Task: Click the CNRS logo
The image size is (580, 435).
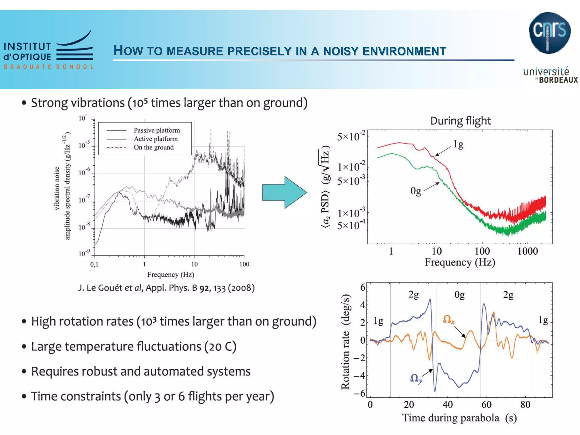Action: [549, 33]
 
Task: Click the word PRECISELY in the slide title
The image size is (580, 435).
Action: [259, 51]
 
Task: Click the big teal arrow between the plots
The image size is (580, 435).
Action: [284, 192]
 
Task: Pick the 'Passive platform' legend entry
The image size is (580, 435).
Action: [157, 130]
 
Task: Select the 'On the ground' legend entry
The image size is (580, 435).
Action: [153, 147]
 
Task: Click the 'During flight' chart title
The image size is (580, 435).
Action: [460, 121]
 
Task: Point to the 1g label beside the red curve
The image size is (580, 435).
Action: [458, 144]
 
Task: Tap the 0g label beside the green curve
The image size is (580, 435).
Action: [416, 191]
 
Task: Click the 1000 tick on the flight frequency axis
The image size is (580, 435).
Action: [527, 251]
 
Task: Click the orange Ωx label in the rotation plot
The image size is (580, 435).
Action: [449, 319]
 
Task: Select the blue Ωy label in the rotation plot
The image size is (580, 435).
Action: [416, 378]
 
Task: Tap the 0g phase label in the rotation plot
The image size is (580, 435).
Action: [459, 295]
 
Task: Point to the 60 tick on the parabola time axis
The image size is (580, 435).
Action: [486, 404]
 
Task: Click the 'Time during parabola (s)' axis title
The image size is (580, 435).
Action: [459, 418]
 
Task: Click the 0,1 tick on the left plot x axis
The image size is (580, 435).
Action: [94, 265]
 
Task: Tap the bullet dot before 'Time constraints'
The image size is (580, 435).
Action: [24, 396]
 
